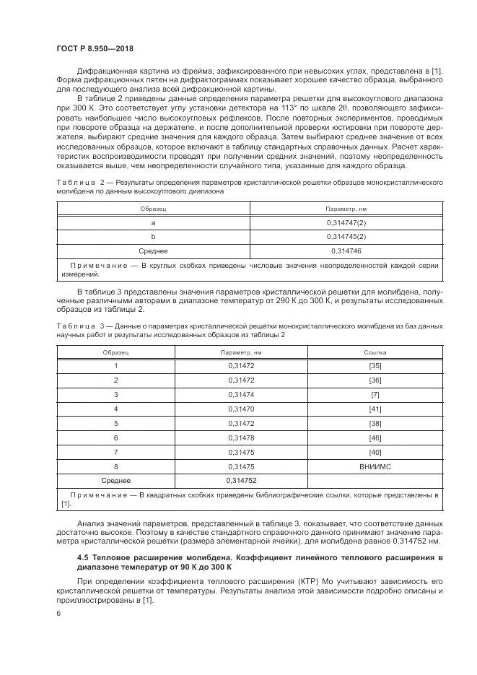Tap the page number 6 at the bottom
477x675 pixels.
point(58,613)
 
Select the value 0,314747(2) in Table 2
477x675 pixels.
point(346,223)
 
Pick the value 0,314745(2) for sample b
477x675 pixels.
point(346,237)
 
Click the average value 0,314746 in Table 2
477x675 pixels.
point(346,251)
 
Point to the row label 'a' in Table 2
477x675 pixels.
point(153,223)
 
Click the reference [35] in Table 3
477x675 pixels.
point(375,366)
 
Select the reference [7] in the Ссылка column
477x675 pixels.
point(375,394)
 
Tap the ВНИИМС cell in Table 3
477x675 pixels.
point(375,466)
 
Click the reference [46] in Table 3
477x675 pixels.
point(375,437)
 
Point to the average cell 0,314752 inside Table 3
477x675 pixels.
point(242,480)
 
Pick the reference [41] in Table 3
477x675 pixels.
point(375,409)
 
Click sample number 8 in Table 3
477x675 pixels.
point(115,466)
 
